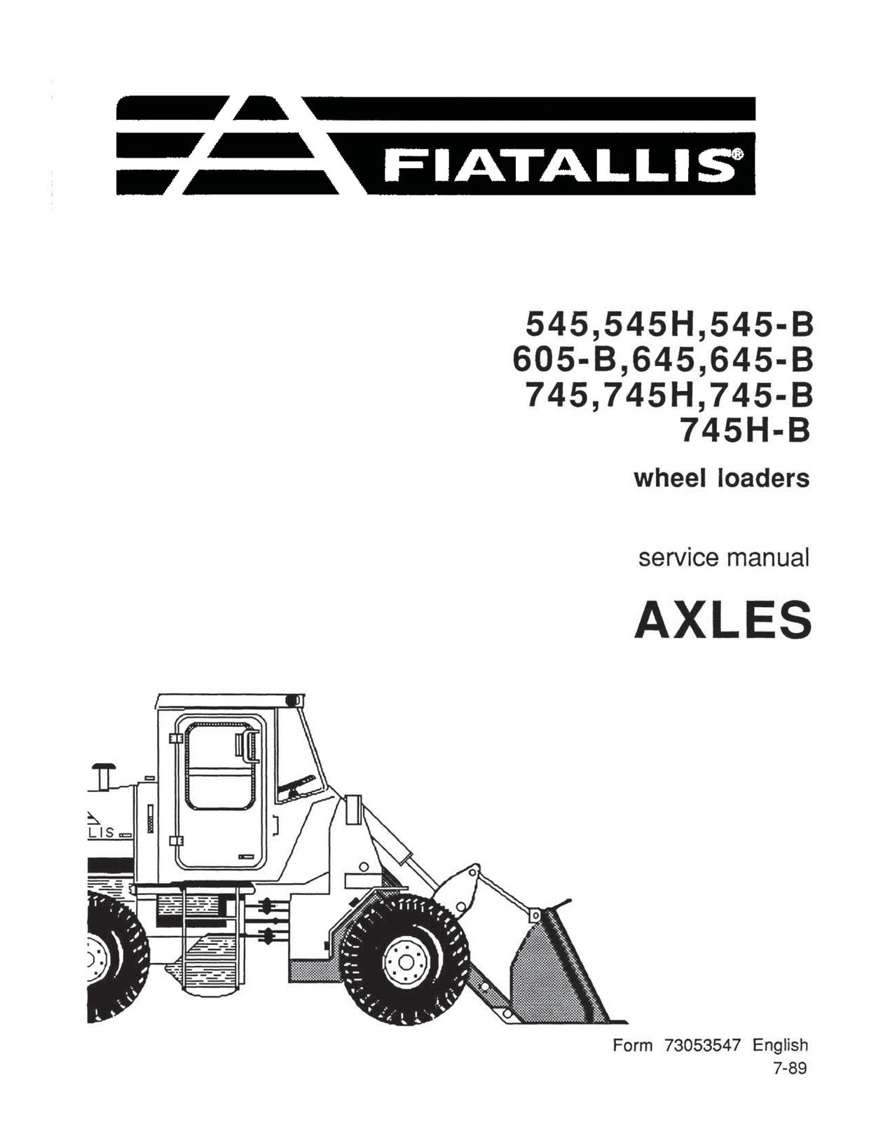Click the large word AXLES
(723, 619)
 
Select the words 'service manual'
(723, 558)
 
